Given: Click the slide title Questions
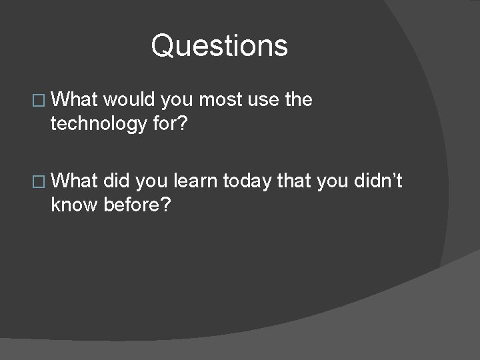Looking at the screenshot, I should [219, 47].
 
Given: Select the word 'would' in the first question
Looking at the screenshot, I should [126, 100].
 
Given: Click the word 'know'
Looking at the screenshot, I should [75, 205].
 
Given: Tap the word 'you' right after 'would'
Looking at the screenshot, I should [175, 100].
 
